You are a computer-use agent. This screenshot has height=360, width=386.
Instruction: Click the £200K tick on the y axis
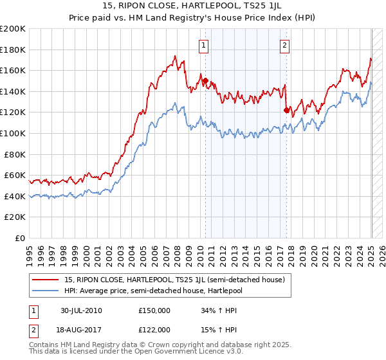pos(13,29)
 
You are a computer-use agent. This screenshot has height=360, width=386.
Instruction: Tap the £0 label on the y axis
pos(20,238)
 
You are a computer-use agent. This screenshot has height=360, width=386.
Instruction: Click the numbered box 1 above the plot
pos(203,45)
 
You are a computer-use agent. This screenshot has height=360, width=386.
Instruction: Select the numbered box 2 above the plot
pos(284,45)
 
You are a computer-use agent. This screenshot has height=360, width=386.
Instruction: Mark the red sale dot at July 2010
pos(205,81)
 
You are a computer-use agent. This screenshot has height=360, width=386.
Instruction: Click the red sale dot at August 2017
pos(286,110)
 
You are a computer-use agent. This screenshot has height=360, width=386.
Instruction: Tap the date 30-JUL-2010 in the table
pos(80,310)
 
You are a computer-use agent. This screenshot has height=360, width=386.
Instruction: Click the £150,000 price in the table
pos(154,310)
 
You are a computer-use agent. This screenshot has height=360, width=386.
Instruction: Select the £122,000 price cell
pos(154,329)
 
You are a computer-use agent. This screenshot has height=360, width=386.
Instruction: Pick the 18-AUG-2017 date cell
pos(81,329)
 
